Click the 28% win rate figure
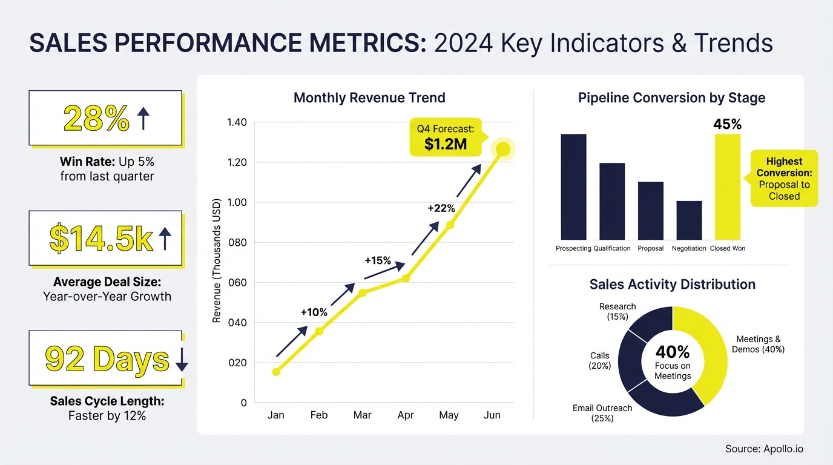coord(96,119)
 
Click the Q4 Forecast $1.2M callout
coord(446,138)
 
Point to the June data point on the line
coord(503,150)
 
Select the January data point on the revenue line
coord(276,372)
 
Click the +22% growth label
coord(441,208)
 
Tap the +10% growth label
coord(314,312)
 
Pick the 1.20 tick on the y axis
coord(236,162)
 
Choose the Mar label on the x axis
coord(362,415)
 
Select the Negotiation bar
coord(689,220)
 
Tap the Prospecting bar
coord(573,186)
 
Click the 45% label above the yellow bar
coord(727,124)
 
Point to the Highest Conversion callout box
coord(784,179)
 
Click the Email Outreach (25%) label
coord(602,413)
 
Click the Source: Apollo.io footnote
coord(764,449)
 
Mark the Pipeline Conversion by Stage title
coord(671,97)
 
